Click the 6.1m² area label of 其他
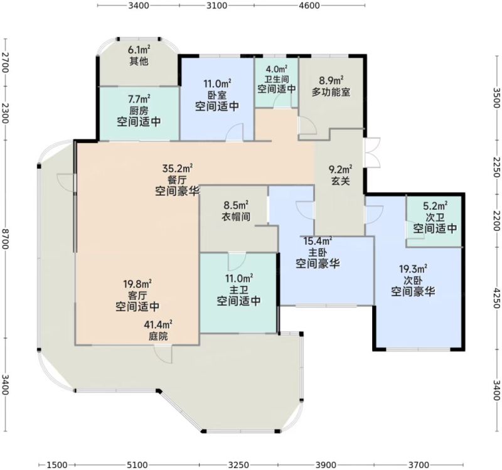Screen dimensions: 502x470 pyautogui.click(x=139, y=50)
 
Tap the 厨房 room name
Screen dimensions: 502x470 pyautogui.click(x=139, y=111)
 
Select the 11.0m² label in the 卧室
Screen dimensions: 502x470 pyautogui.click(x=217, y=84)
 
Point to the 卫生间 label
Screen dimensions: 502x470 pyautogui.click(x=276, y=79)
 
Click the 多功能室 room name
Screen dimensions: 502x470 pyautogui.click(x=331, y=92)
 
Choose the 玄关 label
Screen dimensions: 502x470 pyautogui.click(x=340, y=181)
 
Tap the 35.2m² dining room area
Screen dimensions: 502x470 pyautogui.click(x=178, y=168)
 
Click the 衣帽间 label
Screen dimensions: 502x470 pyautogui.click(x=236, y=216)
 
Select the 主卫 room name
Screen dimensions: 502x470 pyautogui.click(x=238, y=290)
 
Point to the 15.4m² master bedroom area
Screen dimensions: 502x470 pyautogui.click(x=318, y=240)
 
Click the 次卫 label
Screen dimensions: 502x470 pyautogui.click(x=435, y=217)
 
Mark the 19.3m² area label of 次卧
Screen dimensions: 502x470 pyautogui.click(x=413, y=269)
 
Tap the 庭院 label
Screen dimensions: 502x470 pyautogui.click(x=158, y=336)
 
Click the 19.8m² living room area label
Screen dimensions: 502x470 pyautogui.click(x=137, y=284)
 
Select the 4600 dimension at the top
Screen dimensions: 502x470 pyautogui.click(x=310, y=6)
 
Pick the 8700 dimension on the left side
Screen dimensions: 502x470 pyautogui.click(x=6, y=239)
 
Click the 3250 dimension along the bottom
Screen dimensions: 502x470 pyautogui.click(x=238, y=464)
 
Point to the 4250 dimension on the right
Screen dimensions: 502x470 pyautogui.click(x=496, y=299)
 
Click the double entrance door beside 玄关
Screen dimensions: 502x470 pyautogui.click(x=372, y=152)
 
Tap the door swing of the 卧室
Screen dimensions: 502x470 pyautogui.click(x=233, y=132)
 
